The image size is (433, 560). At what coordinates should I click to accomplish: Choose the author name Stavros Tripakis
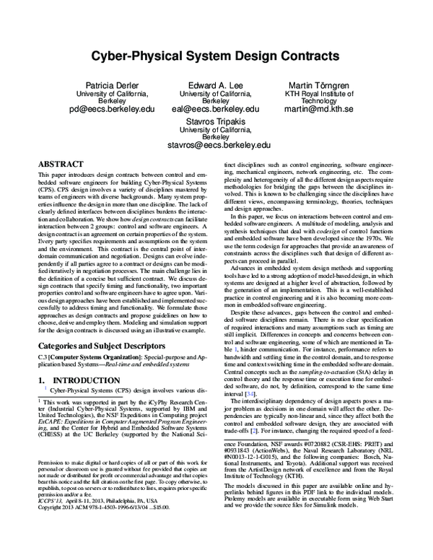216,123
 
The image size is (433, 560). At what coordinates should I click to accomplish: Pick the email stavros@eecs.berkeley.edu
216,146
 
